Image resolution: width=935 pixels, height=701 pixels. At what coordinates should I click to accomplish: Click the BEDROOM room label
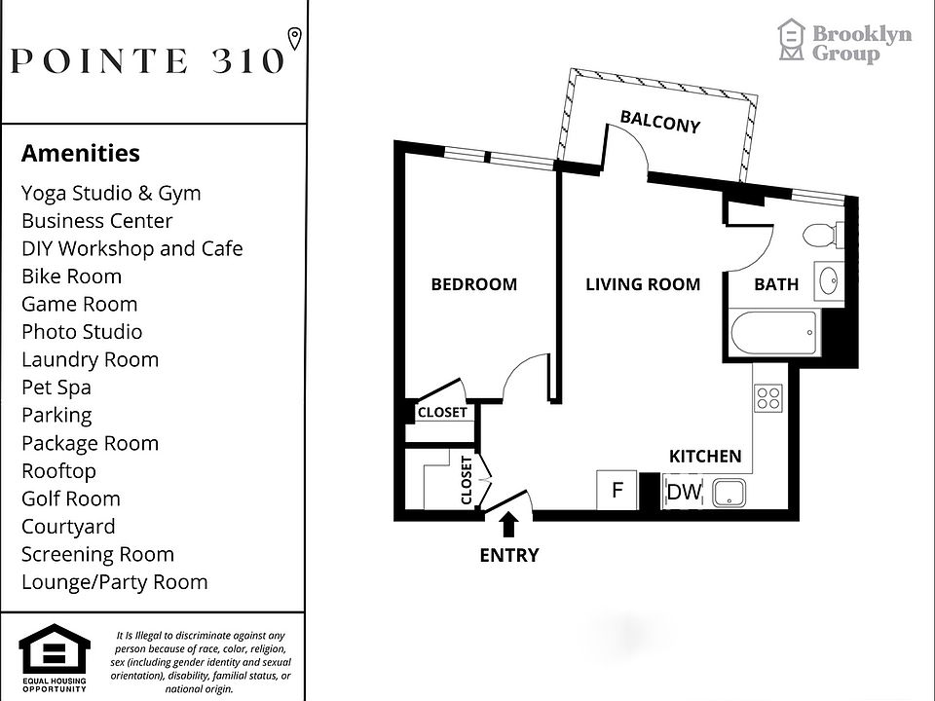click(x=474, y=284)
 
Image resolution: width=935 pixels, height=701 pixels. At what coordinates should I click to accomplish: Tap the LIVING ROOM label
click(x=643, y=284)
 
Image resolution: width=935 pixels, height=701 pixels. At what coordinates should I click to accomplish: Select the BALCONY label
click(x=661, y=122)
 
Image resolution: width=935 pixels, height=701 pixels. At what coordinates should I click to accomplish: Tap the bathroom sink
click(x=831, y=281)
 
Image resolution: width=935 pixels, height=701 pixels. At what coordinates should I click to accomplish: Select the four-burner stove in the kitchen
click(x=768, y=397)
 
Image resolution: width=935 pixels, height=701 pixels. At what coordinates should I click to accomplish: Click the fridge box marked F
click(x=617, y=491)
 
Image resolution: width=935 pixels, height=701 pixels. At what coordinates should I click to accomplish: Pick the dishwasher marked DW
click(x=684, y=493)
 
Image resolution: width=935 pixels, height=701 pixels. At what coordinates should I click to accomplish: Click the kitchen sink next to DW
click(x=728, y=494)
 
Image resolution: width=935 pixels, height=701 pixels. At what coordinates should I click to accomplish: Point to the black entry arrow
click(x=508, y=525)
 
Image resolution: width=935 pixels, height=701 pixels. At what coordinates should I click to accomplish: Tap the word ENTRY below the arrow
click(x=508, y=556)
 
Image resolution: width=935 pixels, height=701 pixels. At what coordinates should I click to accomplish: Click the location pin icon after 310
click(x=295, y=38)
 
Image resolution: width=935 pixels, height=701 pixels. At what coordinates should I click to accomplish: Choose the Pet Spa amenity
click(x=56, y=387)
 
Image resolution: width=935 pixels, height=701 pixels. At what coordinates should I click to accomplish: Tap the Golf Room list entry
click(x=71, y=498)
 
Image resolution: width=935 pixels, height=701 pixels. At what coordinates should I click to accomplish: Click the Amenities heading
click(x=81, y=153)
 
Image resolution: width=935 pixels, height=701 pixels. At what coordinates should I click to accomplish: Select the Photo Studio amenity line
click(x=82, y=332)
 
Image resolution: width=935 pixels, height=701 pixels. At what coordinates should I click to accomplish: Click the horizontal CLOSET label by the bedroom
click(x=442, y=413)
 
